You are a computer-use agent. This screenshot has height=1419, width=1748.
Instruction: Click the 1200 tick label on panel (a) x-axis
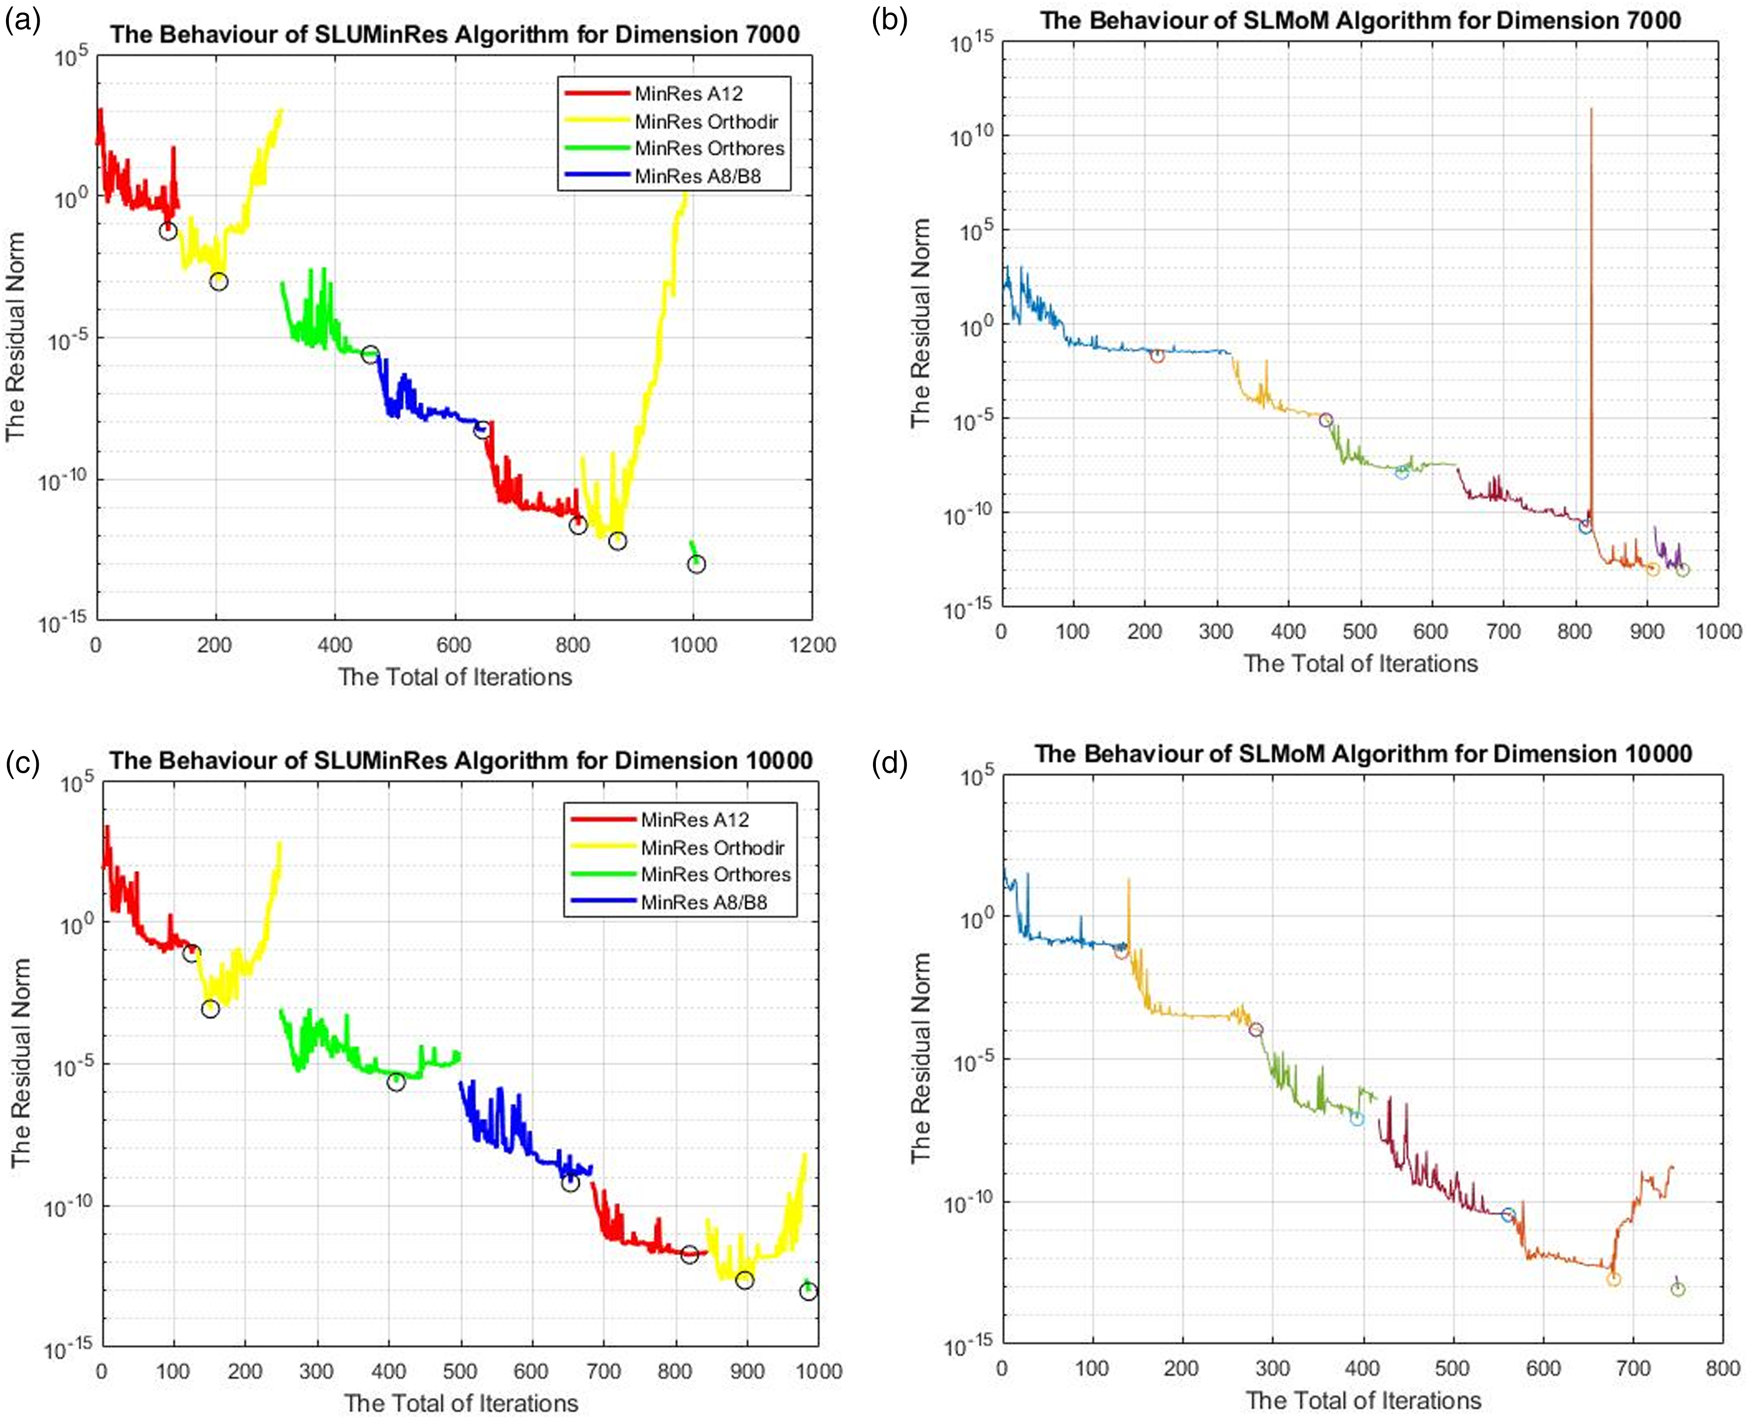coord(812,645)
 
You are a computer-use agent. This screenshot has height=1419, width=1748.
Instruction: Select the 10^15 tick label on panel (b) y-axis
coord(972,42)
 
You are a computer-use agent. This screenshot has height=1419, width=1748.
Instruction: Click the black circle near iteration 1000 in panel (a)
coord(695,564)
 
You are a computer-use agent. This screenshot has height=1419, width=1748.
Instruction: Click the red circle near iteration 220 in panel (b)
coord(1157,356)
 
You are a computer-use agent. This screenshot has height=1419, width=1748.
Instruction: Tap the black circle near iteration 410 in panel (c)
coord(396,1082)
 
